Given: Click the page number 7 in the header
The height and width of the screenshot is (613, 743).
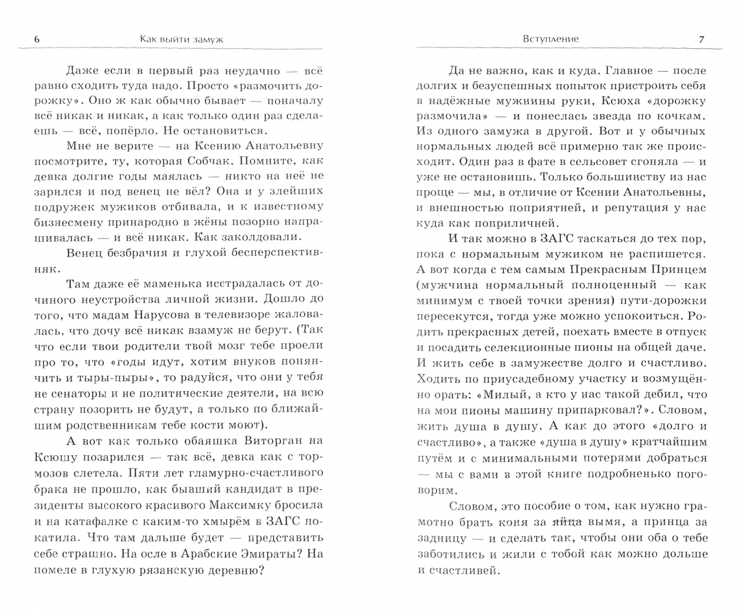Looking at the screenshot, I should (701, 39).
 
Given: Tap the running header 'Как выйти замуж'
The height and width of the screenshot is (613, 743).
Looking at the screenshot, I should (181, 39).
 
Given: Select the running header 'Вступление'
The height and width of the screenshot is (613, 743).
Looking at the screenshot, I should (551, 39).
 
